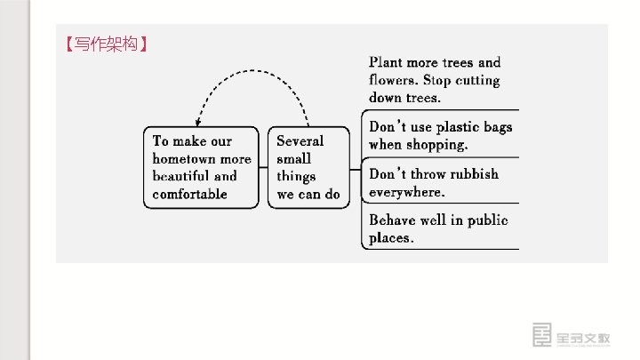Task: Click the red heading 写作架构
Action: [106, 44]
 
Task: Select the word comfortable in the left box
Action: [190, 194]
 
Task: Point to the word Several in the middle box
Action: [300, 140]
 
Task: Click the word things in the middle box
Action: [296, 176]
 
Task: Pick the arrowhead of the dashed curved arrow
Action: [198, 122]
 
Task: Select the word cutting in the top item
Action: [477, 80]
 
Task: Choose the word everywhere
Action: [406, 192]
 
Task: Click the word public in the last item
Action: [487, 220]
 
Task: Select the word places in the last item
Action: [391, 238]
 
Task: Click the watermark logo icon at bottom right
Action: [542, 335]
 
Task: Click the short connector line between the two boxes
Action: [263, 167]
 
